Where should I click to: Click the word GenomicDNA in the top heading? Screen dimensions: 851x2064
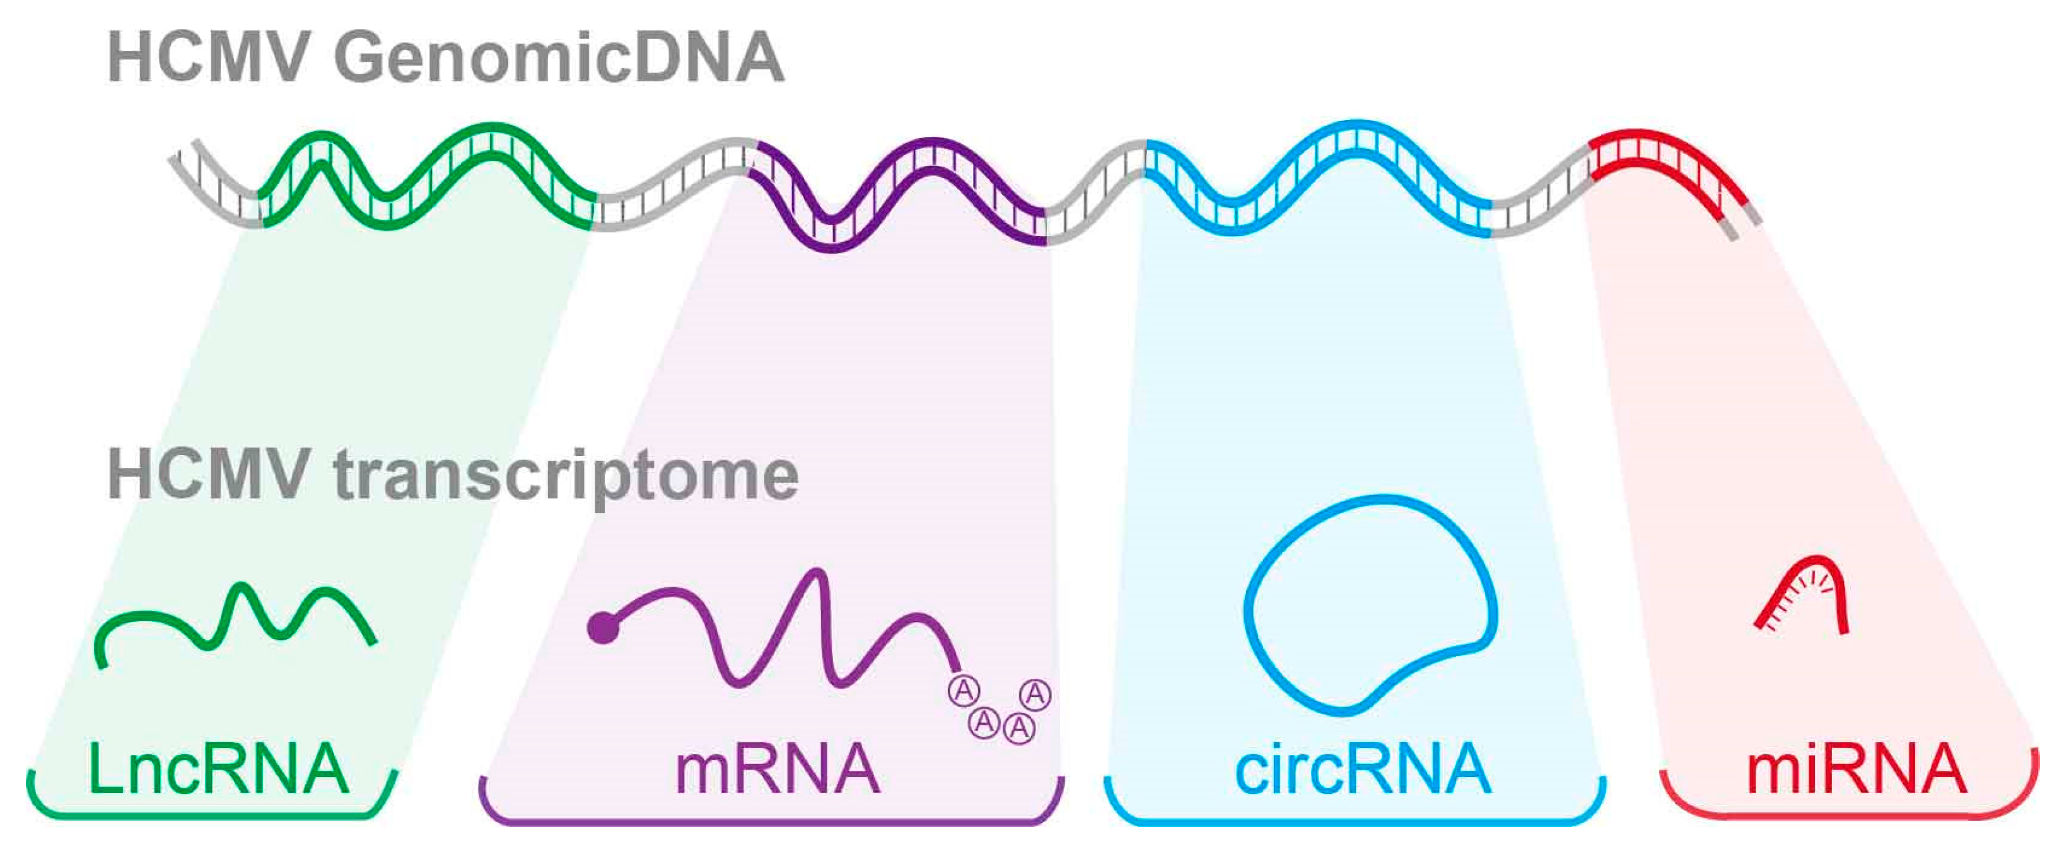(x=559, y=59)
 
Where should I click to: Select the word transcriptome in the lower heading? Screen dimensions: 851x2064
(x=566, y=477)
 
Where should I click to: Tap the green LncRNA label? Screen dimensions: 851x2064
(x=218, y=769)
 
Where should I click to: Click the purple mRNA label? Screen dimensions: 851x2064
(x=777, y=769)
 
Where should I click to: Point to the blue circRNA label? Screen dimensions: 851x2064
(x=1363, y=769)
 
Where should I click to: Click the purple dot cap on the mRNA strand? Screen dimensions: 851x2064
(x=602, y=628)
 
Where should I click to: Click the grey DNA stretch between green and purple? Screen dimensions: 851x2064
(x=673, y=189)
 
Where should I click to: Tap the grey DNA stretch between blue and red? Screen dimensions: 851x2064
(x=1539, y=201)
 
